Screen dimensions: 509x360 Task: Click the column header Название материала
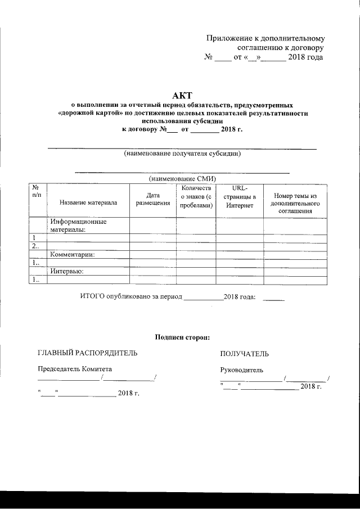coord(88,203)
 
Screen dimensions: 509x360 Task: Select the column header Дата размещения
coord(153,199)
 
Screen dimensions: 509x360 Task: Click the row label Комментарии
coord(72,254)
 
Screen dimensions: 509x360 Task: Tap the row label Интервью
coord(66,272)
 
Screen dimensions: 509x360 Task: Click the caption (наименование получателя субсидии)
coord(182,153)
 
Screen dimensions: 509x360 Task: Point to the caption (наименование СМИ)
coord(182,178)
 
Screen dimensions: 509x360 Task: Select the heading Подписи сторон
coord(182,337)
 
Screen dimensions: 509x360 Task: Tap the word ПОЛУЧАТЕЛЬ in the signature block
coord(244,354)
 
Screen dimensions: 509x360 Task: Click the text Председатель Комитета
coord(75,369)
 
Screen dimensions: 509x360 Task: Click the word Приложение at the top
coord(228,39)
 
